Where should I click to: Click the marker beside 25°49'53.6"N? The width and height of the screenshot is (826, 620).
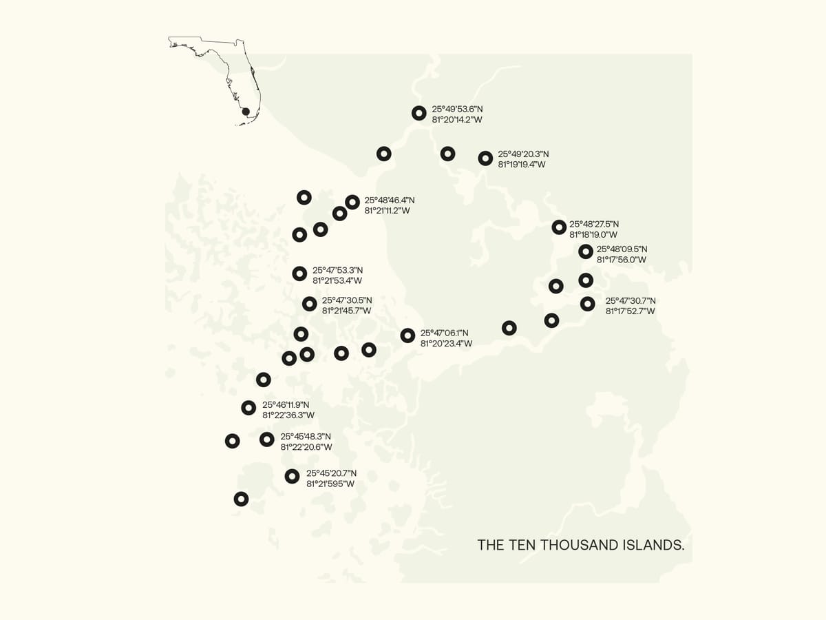tap(419, 114)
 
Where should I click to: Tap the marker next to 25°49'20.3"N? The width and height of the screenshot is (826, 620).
tap(485, 158)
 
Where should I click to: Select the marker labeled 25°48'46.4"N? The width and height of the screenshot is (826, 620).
tap(352, 202)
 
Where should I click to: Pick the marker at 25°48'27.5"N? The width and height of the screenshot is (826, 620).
tap(559, 227)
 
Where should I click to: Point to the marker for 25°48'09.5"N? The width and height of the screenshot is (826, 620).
tap(586, 251)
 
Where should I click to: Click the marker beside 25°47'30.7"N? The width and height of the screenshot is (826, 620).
tap(587, 304)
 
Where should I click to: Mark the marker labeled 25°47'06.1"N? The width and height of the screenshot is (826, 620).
tap(407, 335)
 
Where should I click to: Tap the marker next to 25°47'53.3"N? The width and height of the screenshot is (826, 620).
tap(299, 273)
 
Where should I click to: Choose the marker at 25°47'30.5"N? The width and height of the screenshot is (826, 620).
tap(310, 303)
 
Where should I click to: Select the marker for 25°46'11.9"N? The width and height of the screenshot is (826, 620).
tap(248, 408)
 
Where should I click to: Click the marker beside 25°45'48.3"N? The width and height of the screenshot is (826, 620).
tap(267, 440)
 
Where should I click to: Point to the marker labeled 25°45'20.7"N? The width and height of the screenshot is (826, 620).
tap(292, 476)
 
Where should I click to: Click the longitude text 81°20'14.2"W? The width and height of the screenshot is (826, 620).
tap(456, 120)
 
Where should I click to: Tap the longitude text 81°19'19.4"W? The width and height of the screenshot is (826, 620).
tap(522, 165)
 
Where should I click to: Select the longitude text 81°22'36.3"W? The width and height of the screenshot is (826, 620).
tap(288, 415)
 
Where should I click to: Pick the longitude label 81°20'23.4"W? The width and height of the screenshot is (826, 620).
tap(446, 343)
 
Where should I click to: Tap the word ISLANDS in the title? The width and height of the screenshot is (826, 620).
tap(652, 545)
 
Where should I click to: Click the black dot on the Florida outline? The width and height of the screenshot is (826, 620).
tap(244, 111)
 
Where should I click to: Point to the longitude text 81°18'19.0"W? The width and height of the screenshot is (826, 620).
tap(593, 234)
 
